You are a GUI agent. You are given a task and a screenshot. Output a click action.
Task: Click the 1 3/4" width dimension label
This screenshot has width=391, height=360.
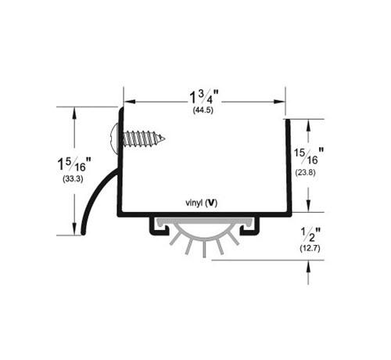coord(203,97)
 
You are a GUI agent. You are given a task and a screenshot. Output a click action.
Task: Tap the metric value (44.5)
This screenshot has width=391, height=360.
coord(203,110)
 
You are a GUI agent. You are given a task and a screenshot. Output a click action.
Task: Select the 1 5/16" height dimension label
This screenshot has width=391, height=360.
coord(74,164)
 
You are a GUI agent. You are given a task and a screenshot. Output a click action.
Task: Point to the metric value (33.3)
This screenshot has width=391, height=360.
coord(73,179)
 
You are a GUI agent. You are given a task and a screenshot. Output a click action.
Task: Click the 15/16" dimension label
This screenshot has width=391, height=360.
coord(309,156)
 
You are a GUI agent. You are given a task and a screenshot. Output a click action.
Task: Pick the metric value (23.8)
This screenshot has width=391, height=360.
coord(305,172)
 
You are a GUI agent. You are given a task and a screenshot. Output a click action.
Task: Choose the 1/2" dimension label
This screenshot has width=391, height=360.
coord(310,234)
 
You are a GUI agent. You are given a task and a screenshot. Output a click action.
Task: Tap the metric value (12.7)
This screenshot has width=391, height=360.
coord(310,248)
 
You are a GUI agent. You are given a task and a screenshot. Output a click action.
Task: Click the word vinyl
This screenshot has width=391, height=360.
coord(194,203)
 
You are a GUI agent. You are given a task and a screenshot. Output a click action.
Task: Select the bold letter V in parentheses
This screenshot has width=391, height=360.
coord(210,203)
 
